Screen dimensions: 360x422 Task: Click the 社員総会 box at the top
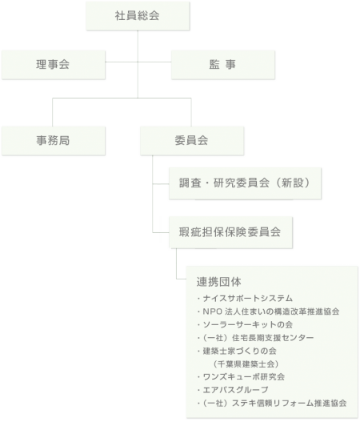tap(138, 16)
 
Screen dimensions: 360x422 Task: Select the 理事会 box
tap(54, 65)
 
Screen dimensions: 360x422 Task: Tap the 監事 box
tap(223, 65)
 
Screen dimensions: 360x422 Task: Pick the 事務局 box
tap(54, 141)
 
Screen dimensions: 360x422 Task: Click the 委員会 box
tap(192, 141)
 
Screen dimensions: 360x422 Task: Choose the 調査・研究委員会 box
tap(245, 183)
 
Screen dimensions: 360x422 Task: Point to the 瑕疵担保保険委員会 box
tap(231, 232)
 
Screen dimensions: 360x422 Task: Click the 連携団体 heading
tap(219, 282)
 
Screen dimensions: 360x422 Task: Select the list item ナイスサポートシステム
tap(245, 298)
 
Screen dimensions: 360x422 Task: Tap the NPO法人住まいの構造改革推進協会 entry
tap(268, 311)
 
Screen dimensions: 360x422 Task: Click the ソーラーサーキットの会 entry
tap(245, 324)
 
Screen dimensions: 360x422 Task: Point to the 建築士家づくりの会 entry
tap(237, 351)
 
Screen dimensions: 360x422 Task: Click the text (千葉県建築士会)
tap(246, 364)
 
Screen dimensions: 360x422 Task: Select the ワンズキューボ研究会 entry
tap(241, 377)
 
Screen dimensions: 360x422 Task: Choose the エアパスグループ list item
tap(233, 390)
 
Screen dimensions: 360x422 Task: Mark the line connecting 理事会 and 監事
tap(138, 62)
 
